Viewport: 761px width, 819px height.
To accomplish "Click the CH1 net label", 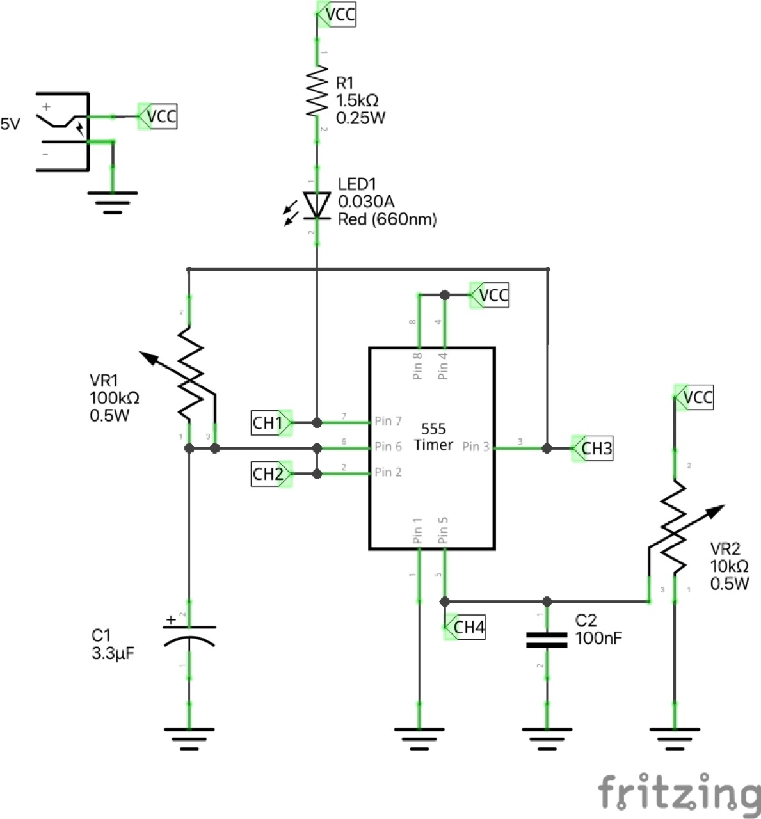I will click(269, 422).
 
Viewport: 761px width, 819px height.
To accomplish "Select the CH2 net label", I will click(269, 474).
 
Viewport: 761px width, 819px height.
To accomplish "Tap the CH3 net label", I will click(595, 449).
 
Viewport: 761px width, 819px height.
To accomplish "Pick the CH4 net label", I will click(467, 628).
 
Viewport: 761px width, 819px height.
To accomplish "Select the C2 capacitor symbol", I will click(547, 640).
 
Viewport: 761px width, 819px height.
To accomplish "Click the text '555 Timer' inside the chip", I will click(433, 436).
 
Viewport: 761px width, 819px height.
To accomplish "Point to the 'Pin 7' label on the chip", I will click(388, 421).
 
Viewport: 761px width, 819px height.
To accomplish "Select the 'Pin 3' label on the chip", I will click(476, 447).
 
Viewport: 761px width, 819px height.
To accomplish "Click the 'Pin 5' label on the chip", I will click(443, 530).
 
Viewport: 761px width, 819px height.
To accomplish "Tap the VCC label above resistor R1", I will click(338, 14).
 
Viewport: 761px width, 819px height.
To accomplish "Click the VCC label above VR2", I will click(696, 397).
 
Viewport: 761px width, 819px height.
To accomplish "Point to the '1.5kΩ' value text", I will click(357, 100).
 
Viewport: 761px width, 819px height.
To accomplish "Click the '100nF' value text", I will click(598, 638).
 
